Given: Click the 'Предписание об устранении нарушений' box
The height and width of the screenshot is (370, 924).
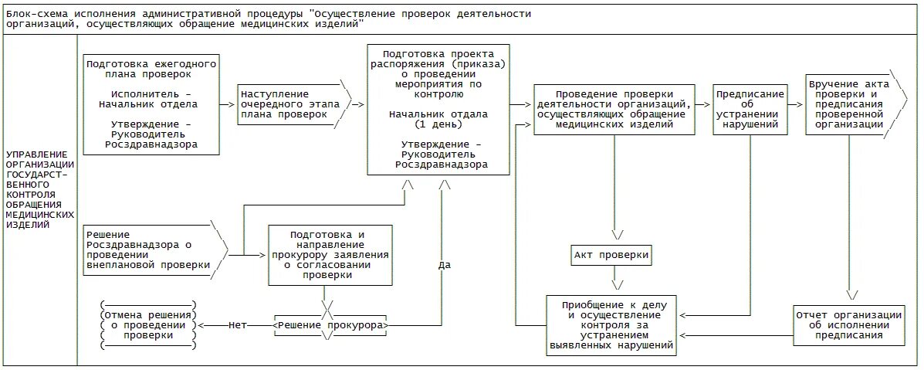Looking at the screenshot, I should pos(750,108).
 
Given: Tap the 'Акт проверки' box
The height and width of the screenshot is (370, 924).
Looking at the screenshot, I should pos(612,255).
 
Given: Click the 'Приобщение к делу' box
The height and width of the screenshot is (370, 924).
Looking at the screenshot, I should pos(611,324).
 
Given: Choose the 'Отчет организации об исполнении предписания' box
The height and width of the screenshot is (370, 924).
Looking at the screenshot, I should pos(848,324).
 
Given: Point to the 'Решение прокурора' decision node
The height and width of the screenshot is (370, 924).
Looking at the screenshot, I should pos(330,325).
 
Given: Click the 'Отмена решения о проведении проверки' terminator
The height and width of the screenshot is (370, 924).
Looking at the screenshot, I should pos(148,325).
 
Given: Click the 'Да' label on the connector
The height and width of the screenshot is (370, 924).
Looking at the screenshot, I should pos(444,265).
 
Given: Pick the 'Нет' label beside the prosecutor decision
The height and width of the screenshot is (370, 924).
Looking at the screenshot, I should pos(238,325).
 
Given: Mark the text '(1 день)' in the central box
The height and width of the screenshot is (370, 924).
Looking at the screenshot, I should pos(437,124).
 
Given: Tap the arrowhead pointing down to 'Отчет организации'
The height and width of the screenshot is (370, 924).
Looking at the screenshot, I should pos(852,294).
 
